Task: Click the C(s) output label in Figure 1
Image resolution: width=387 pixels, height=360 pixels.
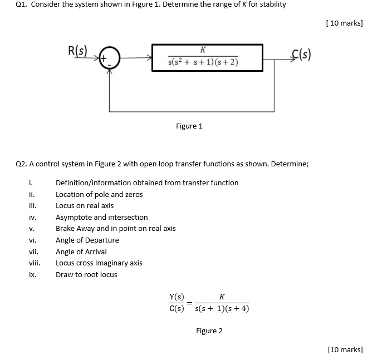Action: [x=301, y=55]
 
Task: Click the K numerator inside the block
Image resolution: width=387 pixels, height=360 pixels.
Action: [x=203, y=50]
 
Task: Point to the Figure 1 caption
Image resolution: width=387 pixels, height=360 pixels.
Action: [x=189, y=126]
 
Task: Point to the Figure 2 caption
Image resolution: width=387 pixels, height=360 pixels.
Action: [x=209, y=331]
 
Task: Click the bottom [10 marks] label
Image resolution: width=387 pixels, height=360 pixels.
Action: [x=345, y=349]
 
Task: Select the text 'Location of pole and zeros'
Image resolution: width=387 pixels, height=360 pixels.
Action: [x=99, y=194]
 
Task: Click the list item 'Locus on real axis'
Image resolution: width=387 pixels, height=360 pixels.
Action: [x=85, y=205]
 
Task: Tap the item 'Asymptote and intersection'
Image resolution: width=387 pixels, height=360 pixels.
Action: [x=101, y=217]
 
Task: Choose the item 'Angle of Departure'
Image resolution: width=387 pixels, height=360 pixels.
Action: [x=87, y=240]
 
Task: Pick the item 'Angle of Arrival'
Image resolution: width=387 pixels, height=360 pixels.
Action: [x=81, y=251]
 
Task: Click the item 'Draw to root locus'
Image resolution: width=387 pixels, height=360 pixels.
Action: [x=86, y=274]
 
